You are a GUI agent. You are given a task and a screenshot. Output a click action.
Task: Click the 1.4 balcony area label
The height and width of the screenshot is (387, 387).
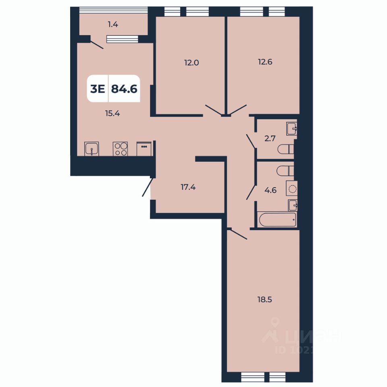tap(113, 25)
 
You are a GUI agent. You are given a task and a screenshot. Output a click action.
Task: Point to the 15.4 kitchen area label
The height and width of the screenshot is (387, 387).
tap(113, 113)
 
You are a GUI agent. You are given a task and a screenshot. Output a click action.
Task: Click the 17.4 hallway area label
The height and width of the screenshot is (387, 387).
tap(188, 187)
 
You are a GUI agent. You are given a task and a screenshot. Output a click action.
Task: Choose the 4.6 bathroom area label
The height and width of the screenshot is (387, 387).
tap(270, 190)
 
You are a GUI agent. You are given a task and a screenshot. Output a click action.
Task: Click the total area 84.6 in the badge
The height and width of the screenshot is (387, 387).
tap(124, 89)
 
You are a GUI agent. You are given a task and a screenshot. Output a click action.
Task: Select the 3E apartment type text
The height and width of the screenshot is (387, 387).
tap(98, 89)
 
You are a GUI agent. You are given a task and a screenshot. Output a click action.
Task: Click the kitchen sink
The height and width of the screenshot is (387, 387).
tap(92, 149)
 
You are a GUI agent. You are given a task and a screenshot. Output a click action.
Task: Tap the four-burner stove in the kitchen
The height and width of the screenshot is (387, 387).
tap(120, 149)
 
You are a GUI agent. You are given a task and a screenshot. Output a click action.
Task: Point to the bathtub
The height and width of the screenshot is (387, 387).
tap(278, 220)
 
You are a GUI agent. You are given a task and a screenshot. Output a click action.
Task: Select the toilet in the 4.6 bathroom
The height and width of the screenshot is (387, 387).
tap(286, 171)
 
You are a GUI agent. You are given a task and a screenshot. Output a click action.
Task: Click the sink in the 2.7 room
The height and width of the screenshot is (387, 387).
tap(292, 129)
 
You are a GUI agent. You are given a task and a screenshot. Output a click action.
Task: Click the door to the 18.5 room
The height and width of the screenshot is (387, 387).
tap(237, 234)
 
